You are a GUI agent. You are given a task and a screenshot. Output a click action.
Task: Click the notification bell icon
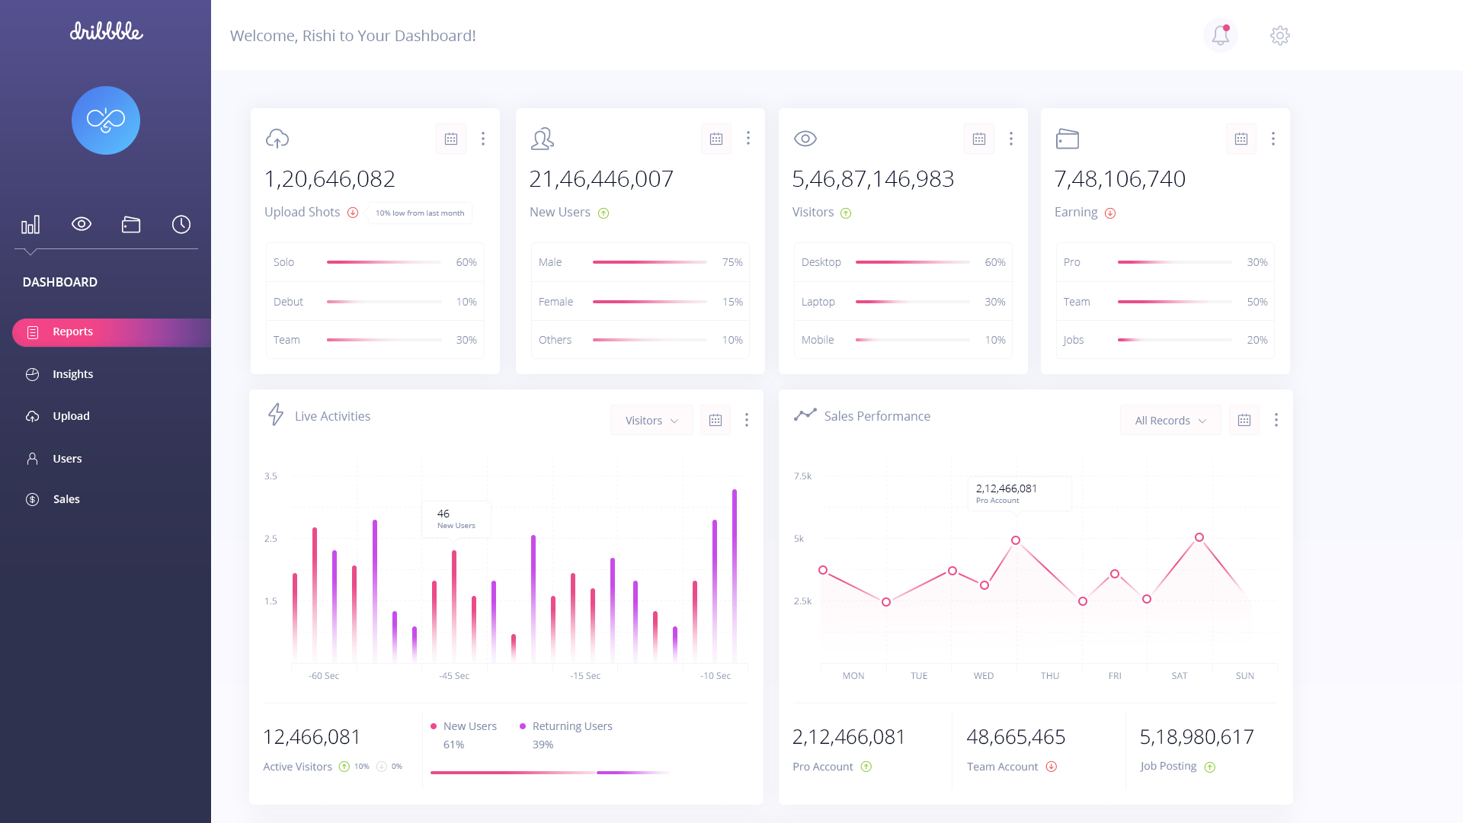tap(1221, 35)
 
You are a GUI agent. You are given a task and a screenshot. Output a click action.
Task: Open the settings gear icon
tap(1280, 35)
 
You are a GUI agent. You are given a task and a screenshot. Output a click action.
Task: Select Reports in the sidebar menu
tap(72, 332)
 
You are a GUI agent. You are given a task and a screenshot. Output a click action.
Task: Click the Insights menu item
tap(72, 374)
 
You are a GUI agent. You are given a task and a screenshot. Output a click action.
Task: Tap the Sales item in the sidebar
tap(66, 499)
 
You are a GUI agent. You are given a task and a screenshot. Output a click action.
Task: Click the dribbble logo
tap(106, 31)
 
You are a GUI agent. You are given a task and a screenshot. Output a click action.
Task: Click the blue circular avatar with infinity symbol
tap(106, 120)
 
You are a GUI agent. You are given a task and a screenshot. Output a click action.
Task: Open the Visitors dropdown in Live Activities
tap(651, 421)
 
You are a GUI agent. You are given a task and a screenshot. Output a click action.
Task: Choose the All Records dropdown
tap(1170, 421)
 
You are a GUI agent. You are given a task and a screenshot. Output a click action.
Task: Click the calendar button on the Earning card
tap(1241, 139)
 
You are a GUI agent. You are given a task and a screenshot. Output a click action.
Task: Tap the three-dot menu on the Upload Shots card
tap(483, 139)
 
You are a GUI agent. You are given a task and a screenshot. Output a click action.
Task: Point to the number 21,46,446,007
tap(601, 179)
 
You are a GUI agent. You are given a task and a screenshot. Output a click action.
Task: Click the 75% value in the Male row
tap(732, 262)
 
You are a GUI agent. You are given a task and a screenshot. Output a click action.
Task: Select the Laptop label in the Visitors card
tap(818, 302)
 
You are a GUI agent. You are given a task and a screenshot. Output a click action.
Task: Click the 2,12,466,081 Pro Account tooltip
tap(1019, 493)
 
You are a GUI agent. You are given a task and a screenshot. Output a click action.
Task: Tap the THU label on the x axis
tap(1050, 676)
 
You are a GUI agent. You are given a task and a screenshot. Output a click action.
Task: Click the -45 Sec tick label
tap(454, 676)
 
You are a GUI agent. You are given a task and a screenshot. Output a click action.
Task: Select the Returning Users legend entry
tap(571, 726)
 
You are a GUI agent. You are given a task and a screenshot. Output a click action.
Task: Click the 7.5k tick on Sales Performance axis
tap(802, 476)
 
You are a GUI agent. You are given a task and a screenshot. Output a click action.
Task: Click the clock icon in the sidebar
tap(181, 224)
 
